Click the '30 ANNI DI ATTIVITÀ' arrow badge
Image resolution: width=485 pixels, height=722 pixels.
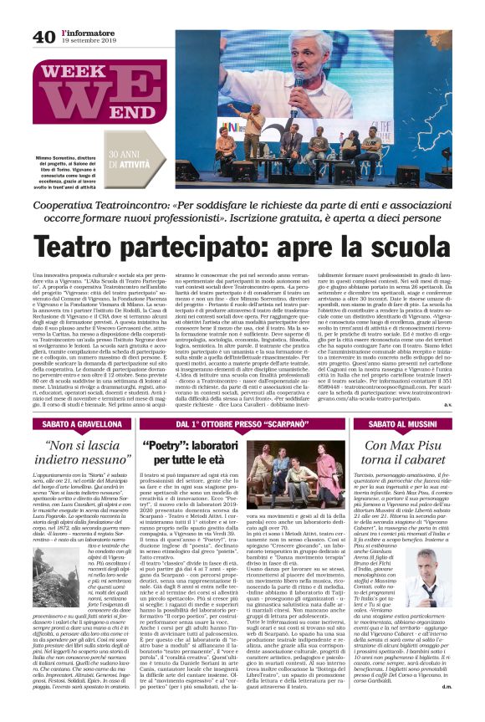[x=135, y=156]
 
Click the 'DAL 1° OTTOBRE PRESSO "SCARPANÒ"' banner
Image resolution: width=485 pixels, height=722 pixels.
[x=242, y=425]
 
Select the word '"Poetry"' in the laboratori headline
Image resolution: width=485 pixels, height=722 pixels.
[x=168, y=444]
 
